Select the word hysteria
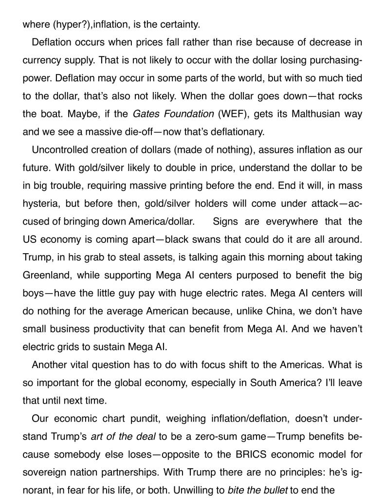40,203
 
